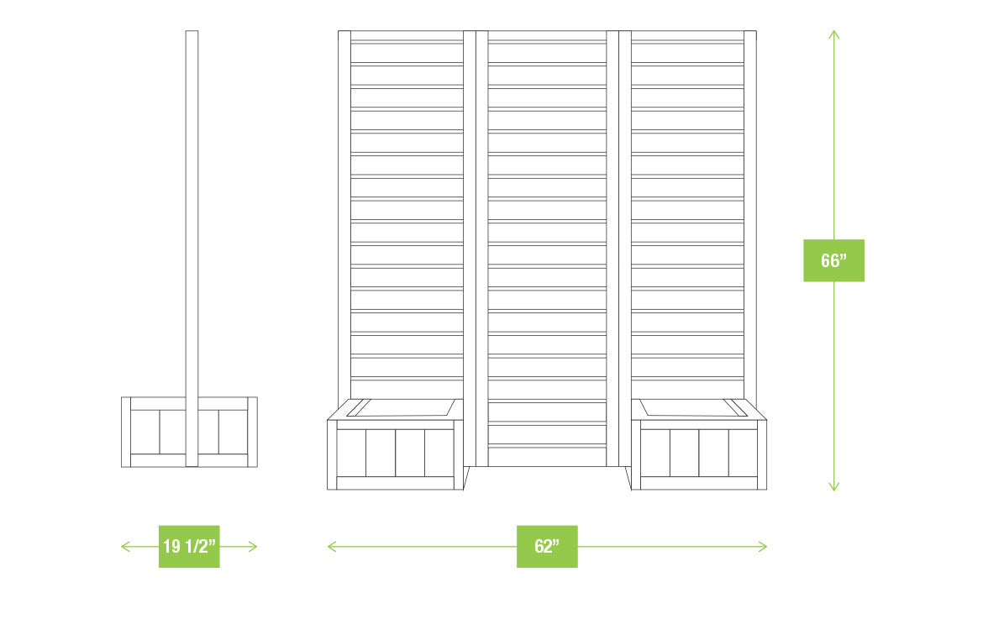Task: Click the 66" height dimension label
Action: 833,260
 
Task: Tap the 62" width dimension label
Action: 547,546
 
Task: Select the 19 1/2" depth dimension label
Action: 189,546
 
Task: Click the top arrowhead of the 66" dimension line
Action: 833,34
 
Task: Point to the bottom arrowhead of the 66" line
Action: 833,487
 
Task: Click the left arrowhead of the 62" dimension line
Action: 330,546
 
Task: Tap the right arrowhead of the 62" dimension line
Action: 764,546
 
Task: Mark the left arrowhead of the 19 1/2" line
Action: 124,546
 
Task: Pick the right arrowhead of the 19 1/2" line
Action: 254,546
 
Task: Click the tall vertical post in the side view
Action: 192,210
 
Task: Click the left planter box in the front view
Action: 395,454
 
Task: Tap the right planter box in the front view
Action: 699,454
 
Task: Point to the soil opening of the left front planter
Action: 401,408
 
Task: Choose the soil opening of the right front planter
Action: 693,408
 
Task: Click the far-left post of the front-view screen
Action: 344,210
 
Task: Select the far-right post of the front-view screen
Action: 749,210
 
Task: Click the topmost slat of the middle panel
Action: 547,36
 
